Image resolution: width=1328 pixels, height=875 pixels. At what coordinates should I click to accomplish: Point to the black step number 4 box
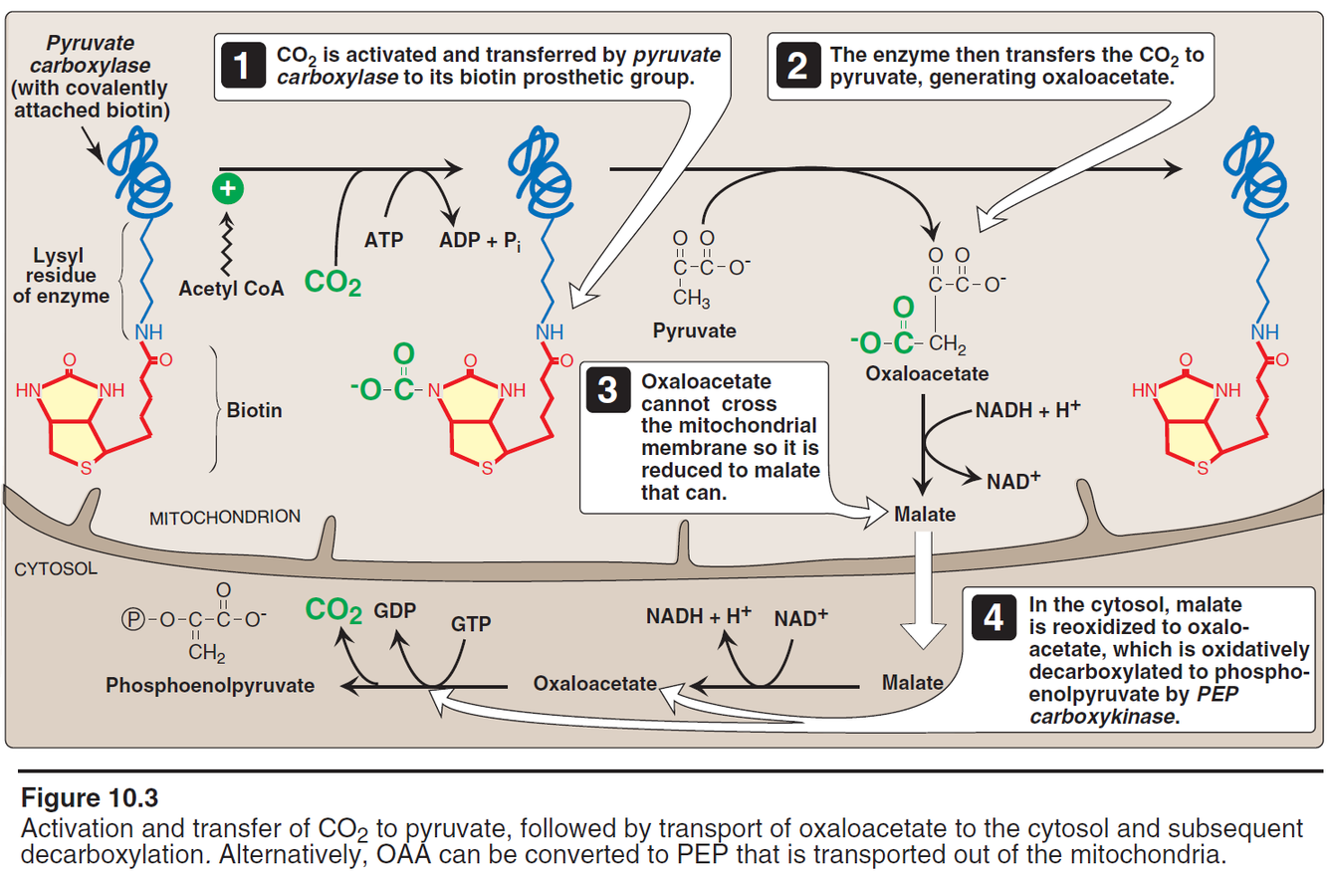tap(993, 618)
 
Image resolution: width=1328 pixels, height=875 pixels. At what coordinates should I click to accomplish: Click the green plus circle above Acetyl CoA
tap(227, 186)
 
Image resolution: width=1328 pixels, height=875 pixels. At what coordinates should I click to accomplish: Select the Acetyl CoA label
tap(231, 289)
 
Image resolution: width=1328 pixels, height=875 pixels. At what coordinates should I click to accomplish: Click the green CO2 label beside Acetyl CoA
tap(332, 284)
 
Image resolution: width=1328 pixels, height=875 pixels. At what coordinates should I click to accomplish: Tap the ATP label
tap(383, 240)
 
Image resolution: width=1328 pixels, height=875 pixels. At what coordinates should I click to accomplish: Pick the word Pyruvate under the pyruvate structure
tap(693, 329)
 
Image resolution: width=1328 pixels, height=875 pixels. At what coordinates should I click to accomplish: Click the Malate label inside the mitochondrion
tap(924, 515)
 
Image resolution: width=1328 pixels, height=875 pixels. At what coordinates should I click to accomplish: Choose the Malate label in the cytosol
tap(912, 683)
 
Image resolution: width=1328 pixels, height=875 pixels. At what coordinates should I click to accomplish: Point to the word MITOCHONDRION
tap(224, 518)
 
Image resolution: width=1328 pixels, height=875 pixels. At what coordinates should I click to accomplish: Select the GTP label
tap(472, 624)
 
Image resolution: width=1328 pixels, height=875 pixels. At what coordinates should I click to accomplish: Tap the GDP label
tap(394, 609)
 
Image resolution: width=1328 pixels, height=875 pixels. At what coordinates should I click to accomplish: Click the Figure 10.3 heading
tap(90, 798)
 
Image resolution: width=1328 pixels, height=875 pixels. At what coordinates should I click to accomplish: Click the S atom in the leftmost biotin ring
tap(86, 469)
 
